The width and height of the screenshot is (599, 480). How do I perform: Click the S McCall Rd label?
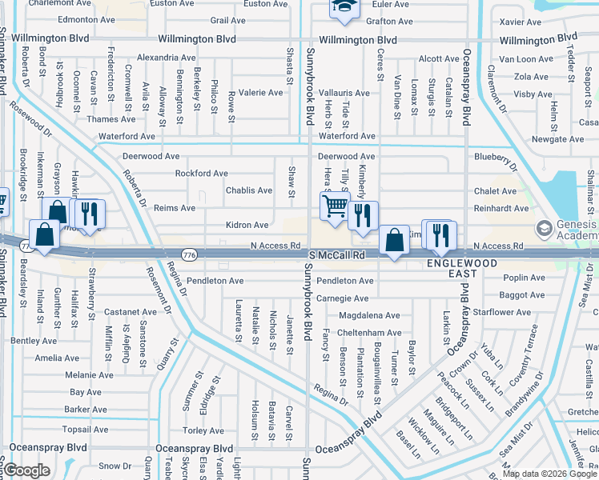(337, 254)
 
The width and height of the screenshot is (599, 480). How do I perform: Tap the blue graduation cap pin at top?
(345, 8)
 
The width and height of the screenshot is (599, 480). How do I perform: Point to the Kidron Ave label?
(247, 226)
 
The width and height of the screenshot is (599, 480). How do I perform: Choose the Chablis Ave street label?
(248, 190)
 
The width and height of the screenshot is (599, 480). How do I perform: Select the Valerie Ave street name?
(261, 93)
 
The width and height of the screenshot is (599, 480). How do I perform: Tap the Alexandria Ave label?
(166, 58)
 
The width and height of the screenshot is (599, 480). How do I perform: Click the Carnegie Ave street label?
(342, 298)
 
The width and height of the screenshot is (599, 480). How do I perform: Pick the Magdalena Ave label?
(368, 315)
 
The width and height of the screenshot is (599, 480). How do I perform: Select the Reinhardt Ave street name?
(501, 208)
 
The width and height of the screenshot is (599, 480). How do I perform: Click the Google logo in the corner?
(26, 470)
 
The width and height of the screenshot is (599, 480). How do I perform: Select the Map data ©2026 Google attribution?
(550, 474)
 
